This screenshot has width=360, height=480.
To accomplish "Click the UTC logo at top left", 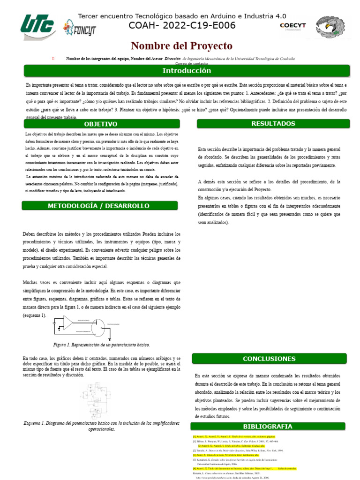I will (39, 25).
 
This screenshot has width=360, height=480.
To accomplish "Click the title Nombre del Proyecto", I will (181, 45).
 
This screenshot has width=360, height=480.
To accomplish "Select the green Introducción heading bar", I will (187, 71).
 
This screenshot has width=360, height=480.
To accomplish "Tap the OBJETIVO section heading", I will (101, 124).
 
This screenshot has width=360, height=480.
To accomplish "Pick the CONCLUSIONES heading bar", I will (269, 359).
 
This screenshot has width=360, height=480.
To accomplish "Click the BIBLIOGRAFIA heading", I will (268, 426).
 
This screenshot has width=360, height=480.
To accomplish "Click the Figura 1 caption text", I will (102, 345).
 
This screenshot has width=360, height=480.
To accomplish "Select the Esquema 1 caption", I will (102, 426).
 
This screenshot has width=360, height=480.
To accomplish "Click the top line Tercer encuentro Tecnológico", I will (182, 15).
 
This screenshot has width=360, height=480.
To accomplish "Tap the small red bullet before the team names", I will (53, 58).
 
